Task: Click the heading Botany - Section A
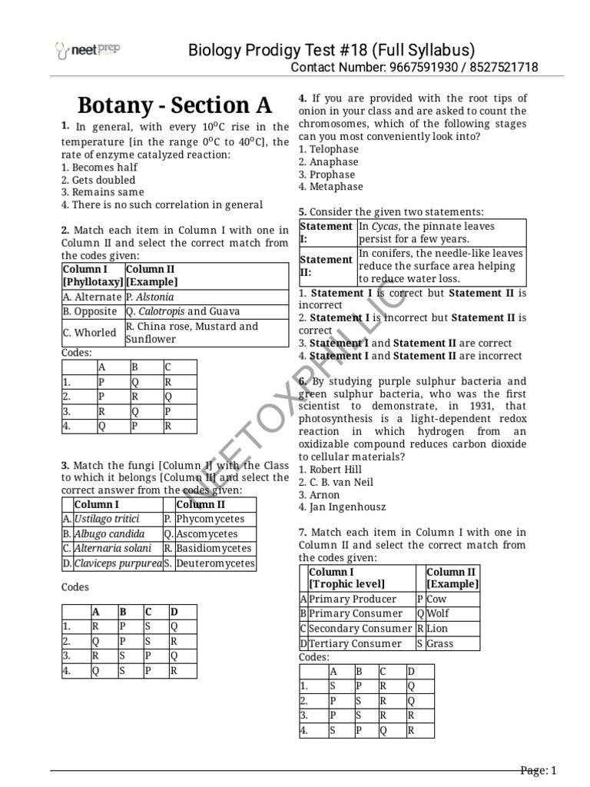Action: (x=175, y=105)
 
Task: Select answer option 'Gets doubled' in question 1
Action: (x=101, y=180)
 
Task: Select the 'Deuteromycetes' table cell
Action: (x=214, y=563)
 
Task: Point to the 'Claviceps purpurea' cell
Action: (x=118, y=563)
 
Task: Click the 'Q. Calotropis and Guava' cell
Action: (x=183, y=311)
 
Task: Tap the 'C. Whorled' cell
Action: (x=91, y=333)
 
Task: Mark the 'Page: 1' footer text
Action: (x=537, y=771)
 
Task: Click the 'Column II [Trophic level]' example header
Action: (x=452, y=578)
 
